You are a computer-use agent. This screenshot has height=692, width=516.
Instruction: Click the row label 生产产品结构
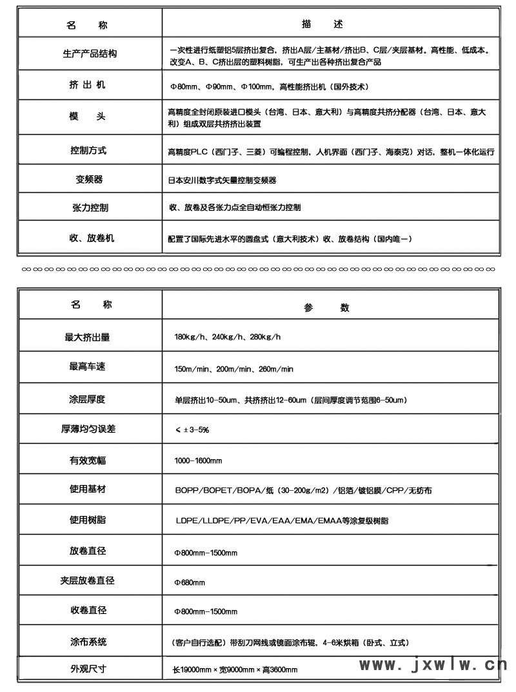(90, 54)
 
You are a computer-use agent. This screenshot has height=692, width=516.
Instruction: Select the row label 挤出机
(90, 85)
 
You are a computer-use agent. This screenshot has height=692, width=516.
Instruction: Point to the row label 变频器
(90, 179)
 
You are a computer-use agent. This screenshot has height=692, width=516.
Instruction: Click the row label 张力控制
(90, 208)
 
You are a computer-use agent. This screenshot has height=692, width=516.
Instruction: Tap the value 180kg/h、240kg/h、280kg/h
(227, 338)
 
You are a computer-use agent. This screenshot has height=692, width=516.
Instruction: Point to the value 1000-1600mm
(198, 460)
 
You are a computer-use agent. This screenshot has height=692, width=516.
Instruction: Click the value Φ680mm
(190, 582)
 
